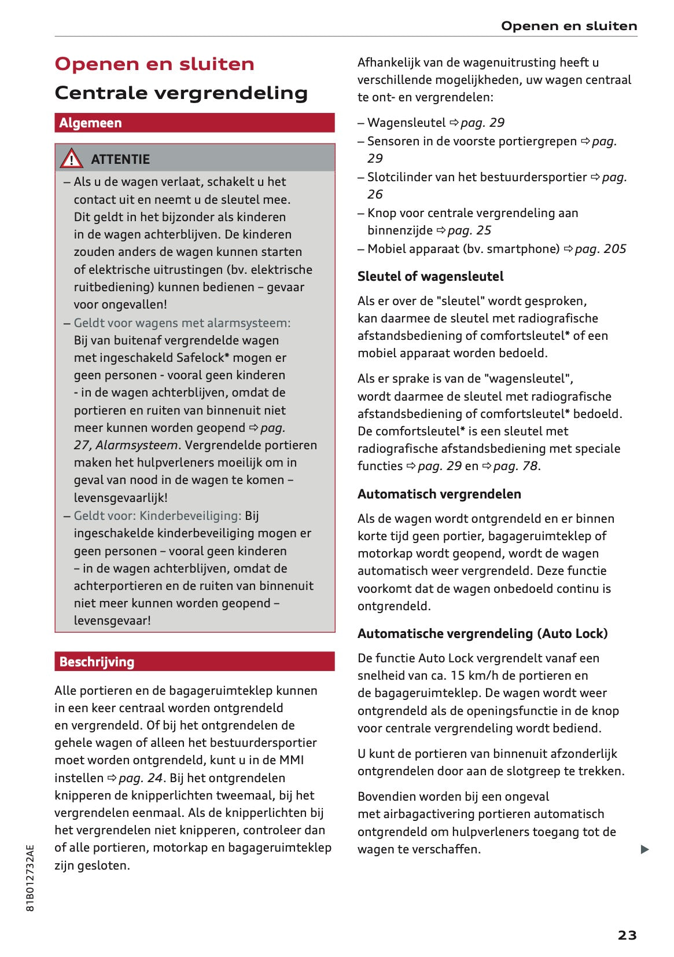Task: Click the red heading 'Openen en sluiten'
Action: [154, 64]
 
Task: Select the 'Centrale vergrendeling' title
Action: [181, 93]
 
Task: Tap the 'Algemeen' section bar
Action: [194, 123]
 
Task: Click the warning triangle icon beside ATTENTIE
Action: [71, 159]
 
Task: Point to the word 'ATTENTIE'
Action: [120, 159]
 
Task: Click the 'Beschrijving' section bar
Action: [194, 662]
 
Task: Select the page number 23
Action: [627, 934]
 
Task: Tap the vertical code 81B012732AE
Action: [31, 878]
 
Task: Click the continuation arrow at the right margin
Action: [644, 849]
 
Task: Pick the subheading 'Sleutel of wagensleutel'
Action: [430, 276]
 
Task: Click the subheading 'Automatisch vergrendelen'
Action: [439, 494]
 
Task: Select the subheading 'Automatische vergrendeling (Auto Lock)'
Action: [483, 633]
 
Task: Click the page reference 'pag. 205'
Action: [600, 249]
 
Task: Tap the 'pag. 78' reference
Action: [515, 466]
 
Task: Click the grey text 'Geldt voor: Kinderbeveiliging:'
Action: [157, 516]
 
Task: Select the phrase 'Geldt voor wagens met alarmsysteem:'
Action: [182, 323]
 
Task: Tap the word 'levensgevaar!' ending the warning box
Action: [112, 621]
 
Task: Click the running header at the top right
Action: [569, 26]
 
